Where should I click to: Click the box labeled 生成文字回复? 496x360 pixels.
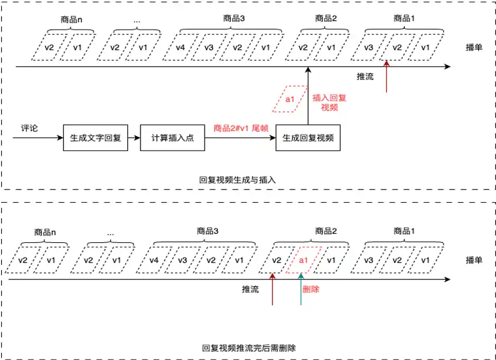coord(96,138)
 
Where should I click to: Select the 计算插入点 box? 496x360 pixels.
coord(172,138)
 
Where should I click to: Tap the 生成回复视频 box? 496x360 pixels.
coord(308,138)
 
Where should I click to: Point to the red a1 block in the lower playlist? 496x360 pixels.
coord(303,261)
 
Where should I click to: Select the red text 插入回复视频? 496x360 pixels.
coord(329,102)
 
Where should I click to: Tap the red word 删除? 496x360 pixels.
coord(311,289)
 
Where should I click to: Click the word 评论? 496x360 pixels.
coord(29,128)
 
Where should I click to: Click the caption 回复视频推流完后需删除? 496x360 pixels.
coord(249,348)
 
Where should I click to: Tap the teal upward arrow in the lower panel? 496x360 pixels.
coord(300,289)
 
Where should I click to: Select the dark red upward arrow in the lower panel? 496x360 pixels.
coord(272,289)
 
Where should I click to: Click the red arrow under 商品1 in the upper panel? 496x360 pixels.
coord(386,77)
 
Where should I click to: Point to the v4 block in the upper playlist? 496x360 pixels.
coord(180,48)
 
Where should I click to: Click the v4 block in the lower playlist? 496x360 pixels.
coord(154,261)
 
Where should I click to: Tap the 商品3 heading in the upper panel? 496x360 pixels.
coord(234,18)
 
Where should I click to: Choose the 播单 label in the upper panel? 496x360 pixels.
coord(474,48)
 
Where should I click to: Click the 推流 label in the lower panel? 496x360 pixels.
coord(250,289)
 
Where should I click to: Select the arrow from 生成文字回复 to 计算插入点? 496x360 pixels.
coord(134,138)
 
